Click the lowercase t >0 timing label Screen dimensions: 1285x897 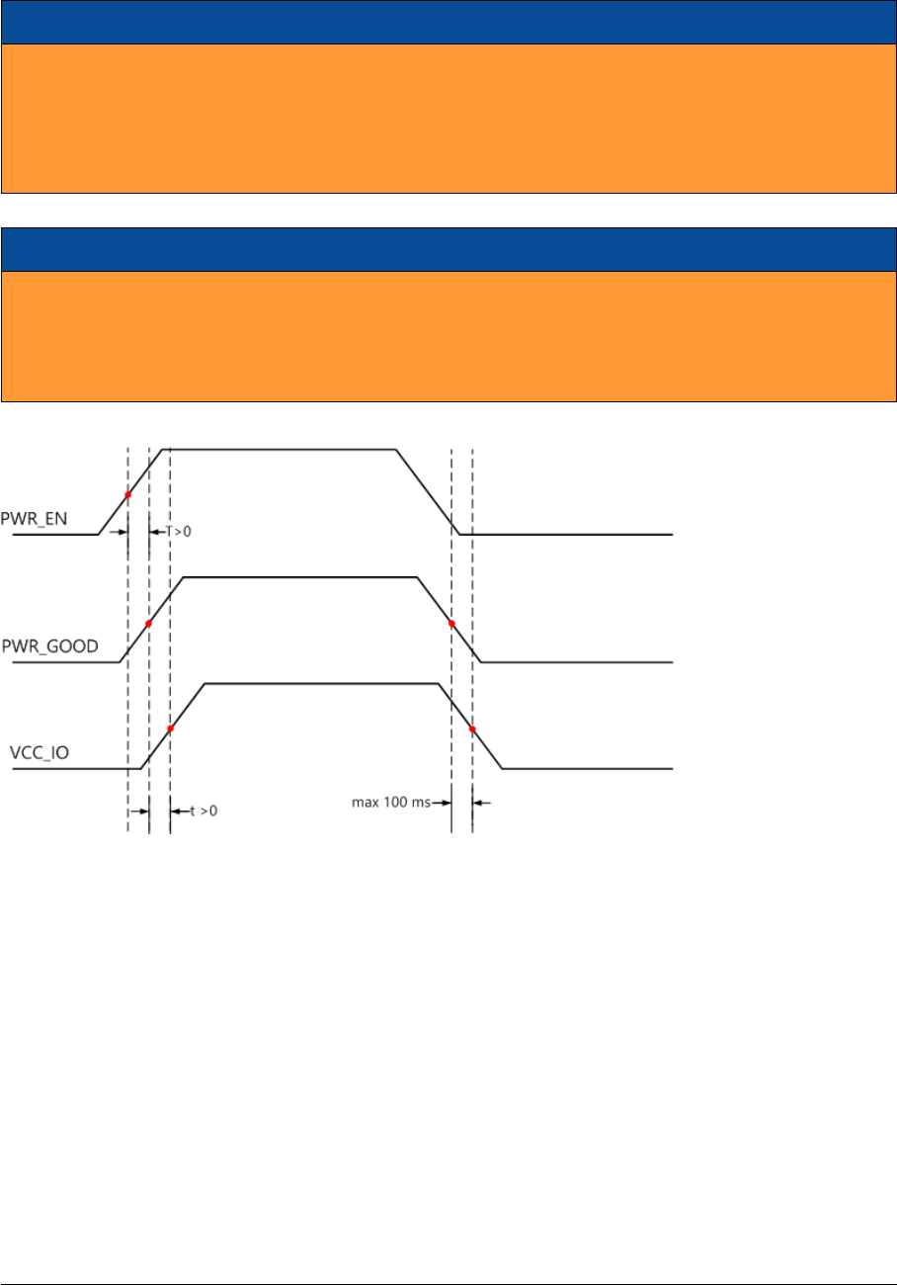(203, 811)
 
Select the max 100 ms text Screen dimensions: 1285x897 (390, 803)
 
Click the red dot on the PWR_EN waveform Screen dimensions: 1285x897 (127, 494)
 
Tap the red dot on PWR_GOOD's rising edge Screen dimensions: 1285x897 (148, 624)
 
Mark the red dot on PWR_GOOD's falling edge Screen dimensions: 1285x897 (451, 624)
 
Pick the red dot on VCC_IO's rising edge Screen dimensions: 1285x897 (170, 728)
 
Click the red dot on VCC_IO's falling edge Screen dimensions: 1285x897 (472, 729)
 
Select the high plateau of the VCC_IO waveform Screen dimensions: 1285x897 (321, 683)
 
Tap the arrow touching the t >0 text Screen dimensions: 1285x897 (179, 811)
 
